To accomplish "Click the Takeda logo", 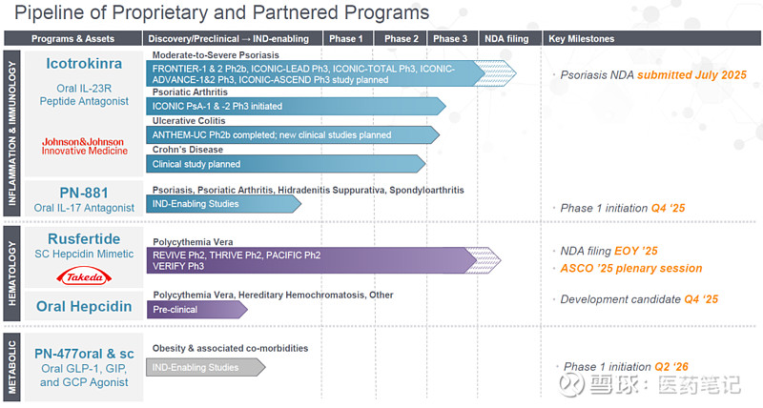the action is (84, 276).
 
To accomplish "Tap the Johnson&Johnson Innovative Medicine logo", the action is (84, 147).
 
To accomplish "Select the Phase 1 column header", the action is (346, 39).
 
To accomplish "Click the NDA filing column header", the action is (506, 39).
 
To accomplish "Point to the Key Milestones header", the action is (582, 39).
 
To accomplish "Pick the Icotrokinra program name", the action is (84, 64).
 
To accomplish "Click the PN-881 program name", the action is (84, 193).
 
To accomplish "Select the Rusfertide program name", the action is (84, 238).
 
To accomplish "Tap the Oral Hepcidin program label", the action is (84, 306).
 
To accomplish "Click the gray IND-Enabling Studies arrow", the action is (206, 368).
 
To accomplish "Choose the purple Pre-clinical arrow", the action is (197, 309).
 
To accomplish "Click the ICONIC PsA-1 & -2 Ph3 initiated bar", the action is (296, 106).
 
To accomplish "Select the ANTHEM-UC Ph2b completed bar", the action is (293, 134).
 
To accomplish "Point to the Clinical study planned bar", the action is (286, 164).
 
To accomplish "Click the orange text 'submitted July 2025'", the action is (692, 75).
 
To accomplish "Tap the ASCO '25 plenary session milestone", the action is (631, 269).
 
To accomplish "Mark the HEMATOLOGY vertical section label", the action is (12, 274).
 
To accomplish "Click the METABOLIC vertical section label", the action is (12, 367).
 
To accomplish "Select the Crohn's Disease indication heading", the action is (188, 150).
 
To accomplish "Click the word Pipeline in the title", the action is (46, 12).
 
